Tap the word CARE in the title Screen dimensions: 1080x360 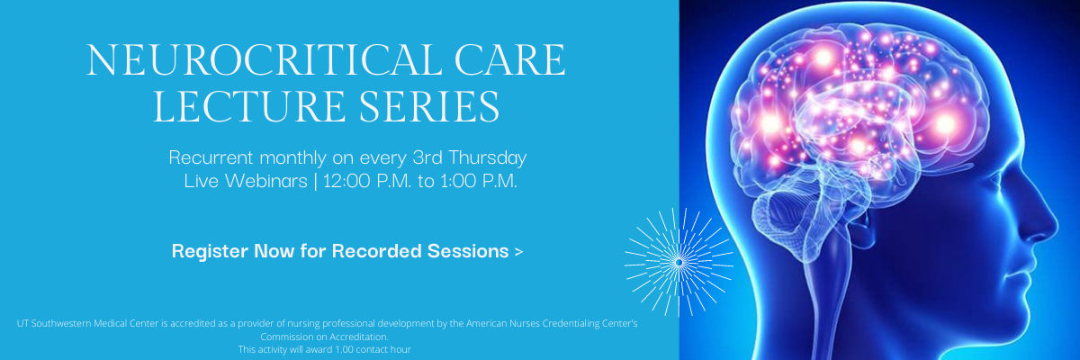(509, 59)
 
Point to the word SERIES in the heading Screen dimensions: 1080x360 (429, 105)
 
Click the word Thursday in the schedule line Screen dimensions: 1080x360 (488, 157)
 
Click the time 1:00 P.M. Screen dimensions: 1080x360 (479, 181)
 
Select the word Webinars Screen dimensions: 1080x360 (266, 181)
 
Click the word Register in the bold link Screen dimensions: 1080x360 (210, 252)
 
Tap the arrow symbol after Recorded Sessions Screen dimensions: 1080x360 (518, 252)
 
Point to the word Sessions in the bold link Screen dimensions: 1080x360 (468, 251)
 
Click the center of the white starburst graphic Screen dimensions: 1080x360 (679, 262)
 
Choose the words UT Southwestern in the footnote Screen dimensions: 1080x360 (54, 323)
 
